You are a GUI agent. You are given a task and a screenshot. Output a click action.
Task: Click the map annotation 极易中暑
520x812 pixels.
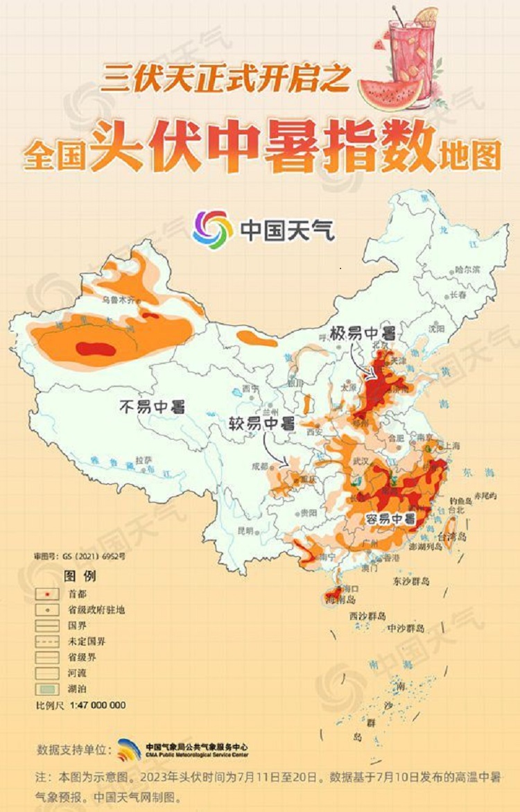(x=362, y=333)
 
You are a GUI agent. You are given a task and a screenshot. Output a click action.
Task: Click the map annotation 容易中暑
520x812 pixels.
(x=390, y=519)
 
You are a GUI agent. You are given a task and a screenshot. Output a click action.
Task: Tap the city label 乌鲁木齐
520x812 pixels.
(x=116, y=300)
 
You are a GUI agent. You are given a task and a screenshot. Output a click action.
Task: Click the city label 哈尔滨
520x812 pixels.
(x=467, y=270)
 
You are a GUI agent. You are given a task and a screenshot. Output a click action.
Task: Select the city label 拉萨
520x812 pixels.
(x=144, y=460)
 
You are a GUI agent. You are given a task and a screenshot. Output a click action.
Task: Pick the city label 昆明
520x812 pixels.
(x=246, y=530)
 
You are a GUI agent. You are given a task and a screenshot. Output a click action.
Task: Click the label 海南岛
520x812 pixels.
(x=341, y=598)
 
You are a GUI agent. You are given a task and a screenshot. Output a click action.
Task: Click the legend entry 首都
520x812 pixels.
(x=78, y=594)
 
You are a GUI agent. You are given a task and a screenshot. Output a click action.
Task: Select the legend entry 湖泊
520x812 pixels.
(x=78, y=689)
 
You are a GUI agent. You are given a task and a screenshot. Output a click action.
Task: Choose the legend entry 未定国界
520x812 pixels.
(x=87, y=641)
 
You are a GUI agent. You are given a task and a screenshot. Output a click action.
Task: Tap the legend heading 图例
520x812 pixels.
(x=80, y=576)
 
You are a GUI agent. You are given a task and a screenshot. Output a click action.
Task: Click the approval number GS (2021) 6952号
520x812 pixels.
(x=80, y=556)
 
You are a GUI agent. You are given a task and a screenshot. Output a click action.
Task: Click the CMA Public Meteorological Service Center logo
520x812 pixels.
(x=129, y=749)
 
